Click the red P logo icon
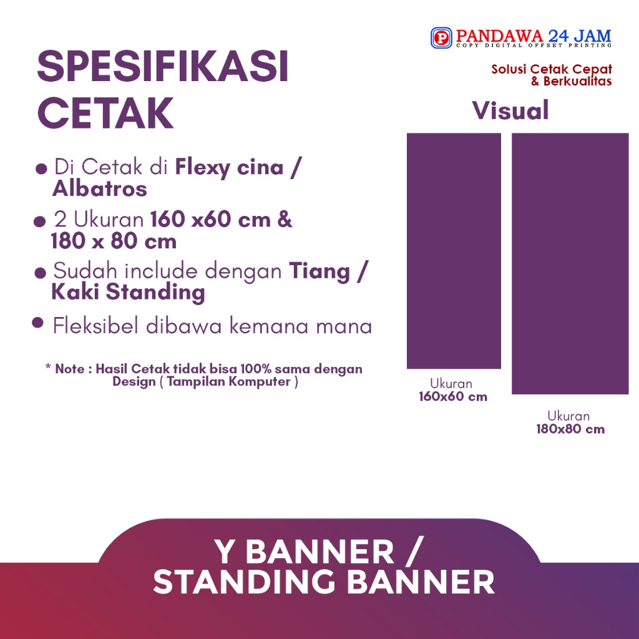pyautogui.click(x=441, y=38)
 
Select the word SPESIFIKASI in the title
pyautogui.click(x=163, y=67)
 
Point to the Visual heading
pyautogui.click(x=510, y=110)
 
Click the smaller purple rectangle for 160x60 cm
pyautogui.click(x=454, y=250)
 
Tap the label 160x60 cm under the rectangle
pyautogui.click(x=453, y=396)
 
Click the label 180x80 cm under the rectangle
pyautogui.click(x=570, y=429)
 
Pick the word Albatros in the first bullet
pyautogui.click(x=100, y=188)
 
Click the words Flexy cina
pyautogui.click(x=229, y=167)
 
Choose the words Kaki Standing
pyautogui.click(x=128, y=292)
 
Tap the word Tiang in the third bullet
pyautogui.click(x=319, y=271)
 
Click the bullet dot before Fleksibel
pyautogui.click(x=37, y=323)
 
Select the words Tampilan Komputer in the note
pyautogui.click(x=230, y=381)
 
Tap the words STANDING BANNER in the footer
pyautogui.click(x=324, y=582)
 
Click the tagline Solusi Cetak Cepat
pyautogui.click(x=552, y=69)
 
